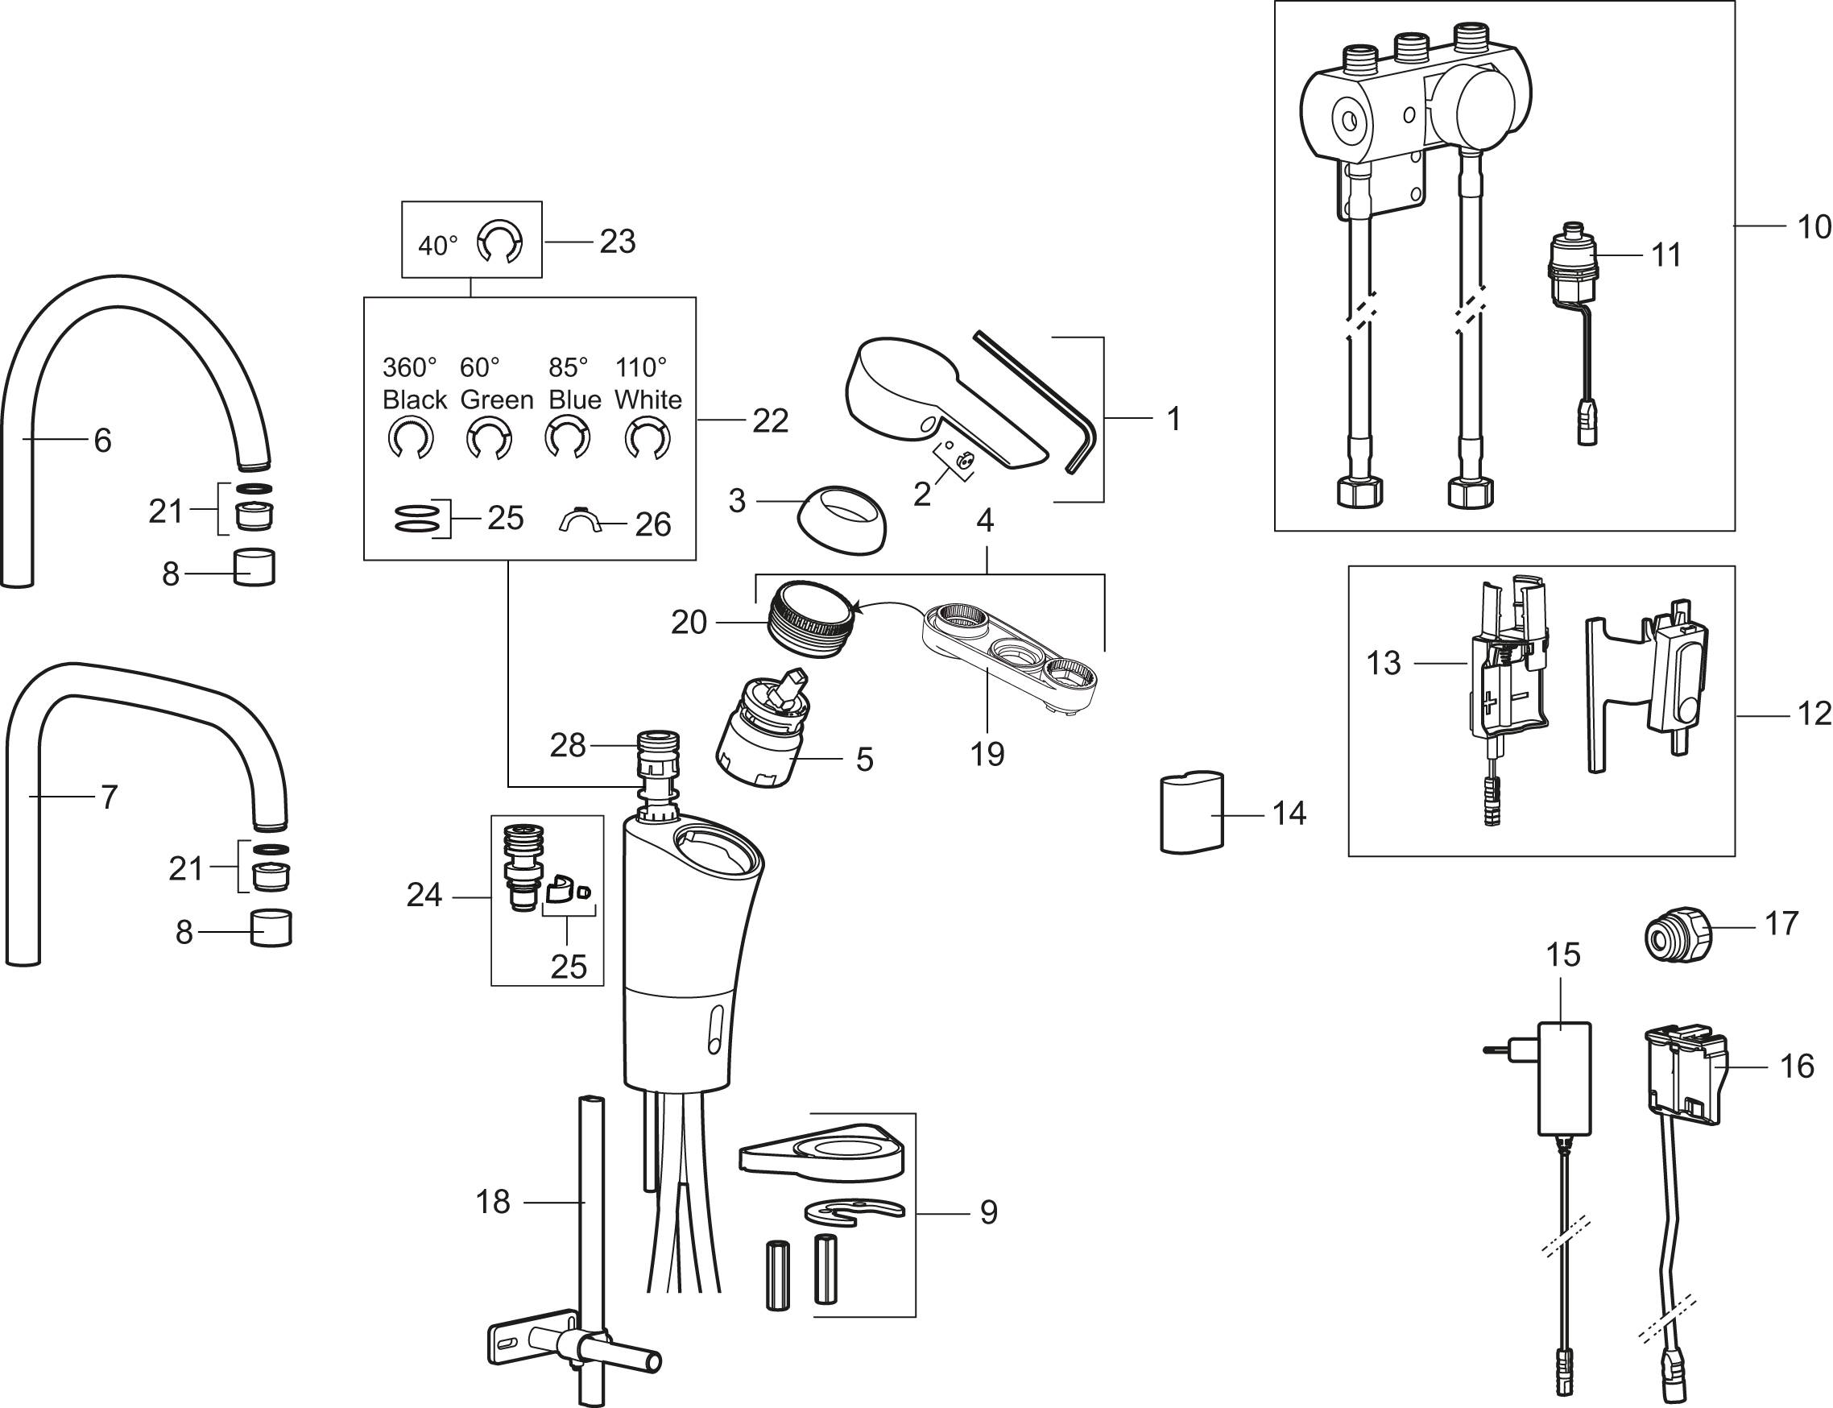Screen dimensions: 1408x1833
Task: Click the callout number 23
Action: click(618, 242)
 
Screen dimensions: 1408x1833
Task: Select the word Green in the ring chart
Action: click(497, 400)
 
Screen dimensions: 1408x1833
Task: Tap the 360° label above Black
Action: click(410, 367)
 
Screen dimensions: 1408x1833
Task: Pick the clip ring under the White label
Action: click(648, 439)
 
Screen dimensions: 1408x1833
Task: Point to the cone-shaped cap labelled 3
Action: click(840, 520)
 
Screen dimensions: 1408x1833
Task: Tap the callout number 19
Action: click(987, 754)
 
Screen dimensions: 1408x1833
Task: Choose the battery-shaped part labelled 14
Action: click(1190, 812)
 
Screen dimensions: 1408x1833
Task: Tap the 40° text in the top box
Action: click(438, 246)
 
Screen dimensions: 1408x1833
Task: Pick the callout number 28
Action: click(567, 745)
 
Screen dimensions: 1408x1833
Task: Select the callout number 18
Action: click(493, 1202)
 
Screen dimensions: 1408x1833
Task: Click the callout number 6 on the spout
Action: click(102, 439)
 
